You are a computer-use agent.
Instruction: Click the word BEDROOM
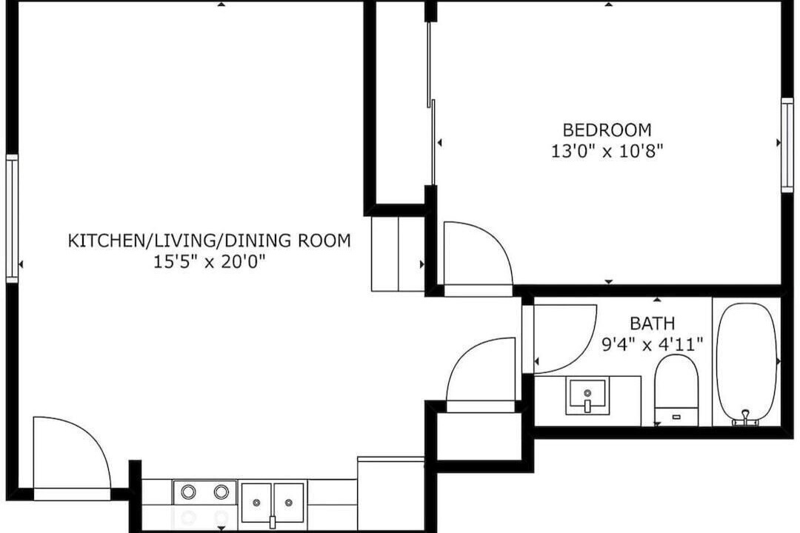coord(607,130)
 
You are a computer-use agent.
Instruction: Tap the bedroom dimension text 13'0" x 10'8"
coord(607,152)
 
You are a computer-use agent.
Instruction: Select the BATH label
coord(652,324)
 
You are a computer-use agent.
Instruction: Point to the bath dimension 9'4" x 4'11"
coord(652,345)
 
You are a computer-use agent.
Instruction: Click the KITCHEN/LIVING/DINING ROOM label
coord(209,241)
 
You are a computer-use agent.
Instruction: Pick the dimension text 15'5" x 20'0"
coord(209,262)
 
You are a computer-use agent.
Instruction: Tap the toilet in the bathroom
coord(676,390)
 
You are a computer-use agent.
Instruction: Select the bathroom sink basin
coord(587,396)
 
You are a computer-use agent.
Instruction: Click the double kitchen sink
coord(273,503)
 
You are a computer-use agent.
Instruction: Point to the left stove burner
coord(188,492)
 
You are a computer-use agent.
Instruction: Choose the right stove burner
coord(221,492)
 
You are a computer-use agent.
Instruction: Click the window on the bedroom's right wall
coord(787,145)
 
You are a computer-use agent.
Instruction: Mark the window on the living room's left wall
coord(12,218)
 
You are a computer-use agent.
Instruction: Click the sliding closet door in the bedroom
coord(431,103)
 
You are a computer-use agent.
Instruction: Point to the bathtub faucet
coord(745,418)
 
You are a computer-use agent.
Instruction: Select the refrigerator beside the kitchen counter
coord(391,494)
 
